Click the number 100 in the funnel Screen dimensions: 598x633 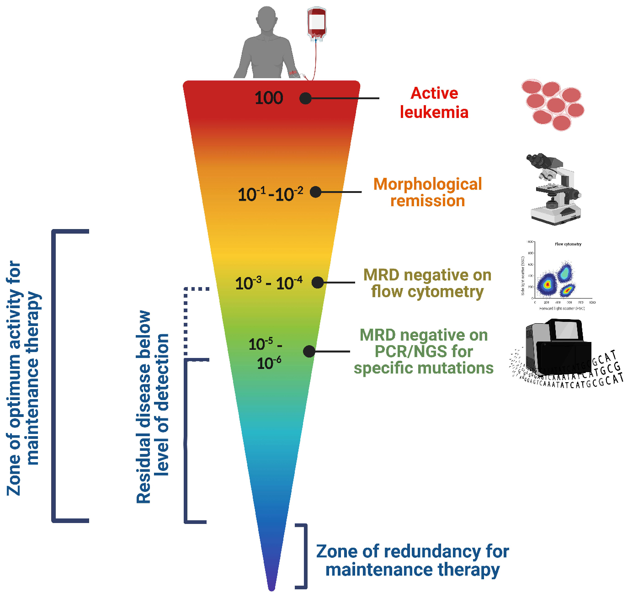click(x=269, y=98)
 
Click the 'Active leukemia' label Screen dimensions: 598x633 click(x=434, y=103)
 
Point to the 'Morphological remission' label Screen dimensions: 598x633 click(x=427, y=192)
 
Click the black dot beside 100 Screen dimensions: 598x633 click(x=305, y=98)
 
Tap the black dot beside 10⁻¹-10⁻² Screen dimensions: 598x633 click(x=315, y=192)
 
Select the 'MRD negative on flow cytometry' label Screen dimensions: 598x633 click(x=427, y=283)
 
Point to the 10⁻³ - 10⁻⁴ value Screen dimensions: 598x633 click(x=269, y=283)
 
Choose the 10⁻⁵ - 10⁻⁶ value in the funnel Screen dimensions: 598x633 click(x=266, y=353)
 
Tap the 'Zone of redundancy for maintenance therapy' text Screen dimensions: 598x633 click(x=412, y=561)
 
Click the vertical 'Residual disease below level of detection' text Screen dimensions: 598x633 click(x=153, y=407)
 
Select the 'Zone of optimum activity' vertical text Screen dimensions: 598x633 click(x=23, y=378)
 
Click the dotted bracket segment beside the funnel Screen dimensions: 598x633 click(x=186, y=320)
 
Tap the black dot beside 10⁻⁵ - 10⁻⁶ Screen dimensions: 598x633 click(x=309, y=351)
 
